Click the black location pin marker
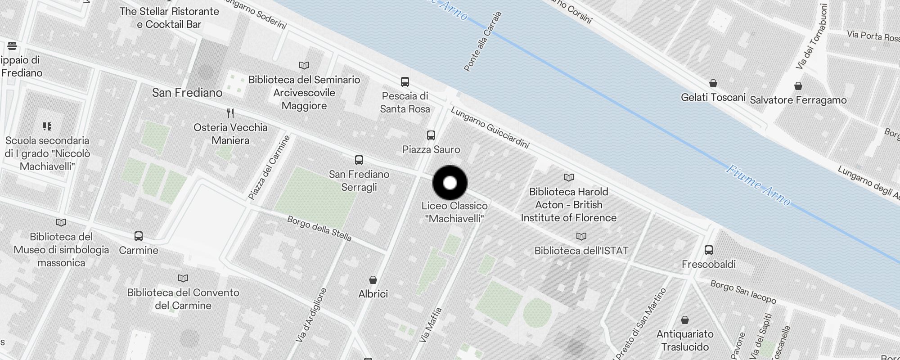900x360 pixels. coord(450,183)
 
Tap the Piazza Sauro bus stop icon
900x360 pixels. coord(431,135)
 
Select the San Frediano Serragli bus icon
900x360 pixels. coord(359,160)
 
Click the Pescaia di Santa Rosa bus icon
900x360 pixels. coord(405,82)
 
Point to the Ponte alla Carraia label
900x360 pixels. coord(482,41)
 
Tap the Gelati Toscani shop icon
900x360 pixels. coord(713,83)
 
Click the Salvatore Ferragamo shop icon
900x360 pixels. coord(798,86)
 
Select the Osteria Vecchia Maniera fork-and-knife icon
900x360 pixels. coord(230,113)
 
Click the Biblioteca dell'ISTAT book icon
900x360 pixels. coord(581,236)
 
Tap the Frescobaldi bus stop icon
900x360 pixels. coord(709,250)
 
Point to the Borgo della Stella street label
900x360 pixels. coord(319,229)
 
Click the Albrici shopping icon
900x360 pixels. coord(373,280)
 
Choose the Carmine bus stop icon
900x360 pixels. coord(139,236)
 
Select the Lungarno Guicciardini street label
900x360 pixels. coord(490,128)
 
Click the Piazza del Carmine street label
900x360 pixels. coord(269,167)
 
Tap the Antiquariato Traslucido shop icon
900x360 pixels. coord(685,320)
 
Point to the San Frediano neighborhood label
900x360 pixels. coord(187,93)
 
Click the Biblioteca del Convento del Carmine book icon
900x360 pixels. coord(183,279)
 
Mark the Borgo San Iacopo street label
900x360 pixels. coord(743,292)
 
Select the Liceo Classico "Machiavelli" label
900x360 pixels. coord(454,212)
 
